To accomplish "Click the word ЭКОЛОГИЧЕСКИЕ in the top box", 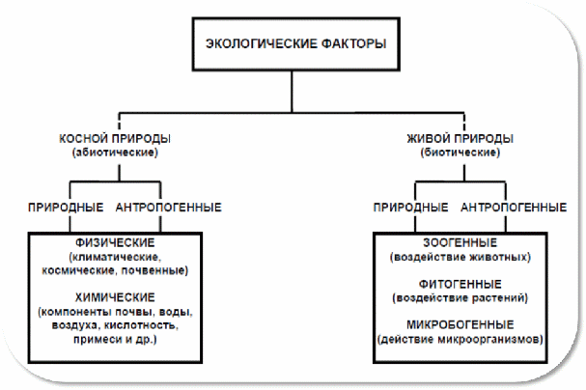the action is pyautogui.click(x=262, y=43).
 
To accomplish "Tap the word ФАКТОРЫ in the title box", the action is pyautogui.click(x=353, y=43).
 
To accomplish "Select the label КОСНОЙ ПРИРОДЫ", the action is pyautogui.click(x=115, y=139).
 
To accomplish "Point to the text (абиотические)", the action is pyautogui.click(x=115, y=153).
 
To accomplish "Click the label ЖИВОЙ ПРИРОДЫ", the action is pyautogui.click(x=460, y=139).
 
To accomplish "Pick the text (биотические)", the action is pyautogui.click(x=460, y=153).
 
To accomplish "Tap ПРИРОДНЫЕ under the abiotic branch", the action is pyautogui.click(x=66, y=208).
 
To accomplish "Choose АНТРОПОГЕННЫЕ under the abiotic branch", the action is pyautogui.click(x=169, y=208).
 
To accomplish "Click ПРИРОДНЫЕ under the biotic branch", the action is pyautogui.click(x=410, y=208).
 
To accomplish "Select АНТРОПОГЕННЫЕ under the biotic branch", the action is pyautogui.click(x=514, y=208).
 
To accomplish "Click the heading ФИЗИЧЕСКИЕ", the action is pyautogui.click(x=115, y=243).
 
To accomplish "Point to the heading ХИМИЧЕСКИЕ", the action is pyautogui.click(x=115, y=297).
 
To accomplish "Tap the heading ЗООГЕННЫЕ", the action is pyautogui.click(x=460, y=243).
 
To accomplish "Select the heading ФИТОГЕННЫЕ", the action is pyautogui.click(x=460, y=284).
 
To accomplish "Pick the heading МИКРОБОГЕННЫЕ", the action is pyautogui.click(x=460, y=324).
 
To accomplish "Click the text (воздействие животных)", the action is pyautogui.click(x=460, y=257).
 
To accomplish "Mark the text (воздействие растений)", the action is pyautogui.click(x=460, y=298).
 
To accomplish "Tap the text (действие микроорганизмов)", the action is pyautogui.click(x=460, y=339).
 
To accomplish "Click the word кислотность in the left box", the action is pyautogui.click(x=141, y=325).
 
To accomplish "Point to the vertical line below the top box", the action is pyautogui.click(x=292, y=91).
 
